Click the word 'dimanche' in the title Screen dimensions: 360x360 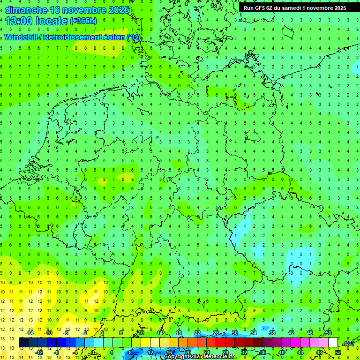point(25,10)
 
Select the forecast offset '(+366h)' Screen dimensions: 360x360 point(83,21)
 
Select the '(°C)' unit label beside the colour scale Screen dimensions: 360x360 point(348,343)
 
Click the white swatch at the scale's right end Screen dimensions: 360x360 point(333,343)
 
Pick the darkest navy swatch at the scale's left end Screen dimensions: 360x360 point(23,343)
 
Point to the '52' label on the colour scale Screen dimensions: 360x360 point(337,352)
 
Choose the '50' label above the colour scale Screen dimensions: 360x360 point(328,333)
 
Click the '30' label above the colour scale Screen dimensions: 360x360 point(234,333)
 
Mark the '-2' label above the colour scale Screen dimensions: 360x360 point(84,333)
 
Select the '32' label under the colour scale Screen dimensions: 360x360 point(244,352)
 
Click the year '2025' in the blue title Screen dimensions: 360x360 point(117,10)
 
